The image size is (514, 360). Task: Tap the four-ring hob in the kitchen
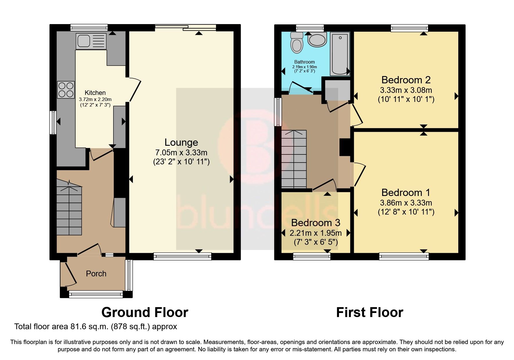pyautogui.click(x=66, y=90)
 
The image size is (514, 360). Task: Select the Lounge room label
pyautogui.click(x=181, y=142)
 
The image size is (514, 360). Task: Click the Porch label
pyautogui.click(x=96, y=274)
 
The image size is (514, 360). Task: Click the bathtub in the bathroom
pyautogui.click(x=340, y=54)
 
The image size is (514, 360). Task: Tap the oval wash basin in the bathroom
pyautogui.click(x=317, y=40)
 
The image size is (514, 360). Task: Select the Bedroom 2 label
pyautogui.click(x=406, y=80)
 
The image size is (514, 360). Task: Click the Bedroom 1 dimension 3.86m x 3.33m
pyautogui.click(x=406, y=203)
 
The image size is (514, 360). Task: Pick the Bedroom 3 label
pyautogui.click(x=315, y=223)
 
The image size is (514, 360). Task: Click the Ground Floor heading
pyautogui.click(x=145, y=313)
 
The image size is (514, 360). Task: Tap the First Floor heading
pyautogui.click(x=369, y=313)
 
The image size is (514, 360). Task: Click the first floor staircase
pyautogui.click(x=294, y=159)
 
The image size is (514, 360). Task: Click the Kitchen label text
pyautogui.click(x=95, y=93)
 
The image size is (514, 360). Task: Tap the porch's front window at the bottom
pyautogui.click(x=95, y=295)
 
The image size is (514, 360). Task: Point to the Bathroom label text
pyautogui.click(x=304, y=62)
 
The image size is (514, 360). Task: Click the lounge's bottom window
pyautogui.click(x=182, y=256)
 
